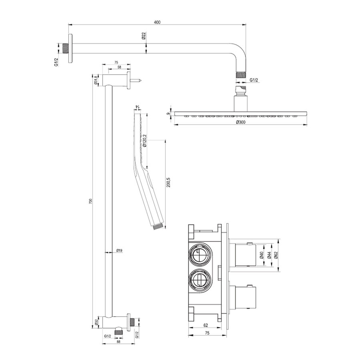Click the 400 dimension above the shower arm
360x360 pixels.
point(157,22)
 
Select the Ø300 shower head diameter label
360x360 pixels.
point(240,122)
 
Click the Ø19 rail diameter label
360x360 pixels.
point(119,250)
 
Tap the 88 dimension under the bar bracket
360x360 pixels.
point(118,342)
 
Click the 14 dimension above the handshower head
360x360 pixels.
point(136,107)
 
